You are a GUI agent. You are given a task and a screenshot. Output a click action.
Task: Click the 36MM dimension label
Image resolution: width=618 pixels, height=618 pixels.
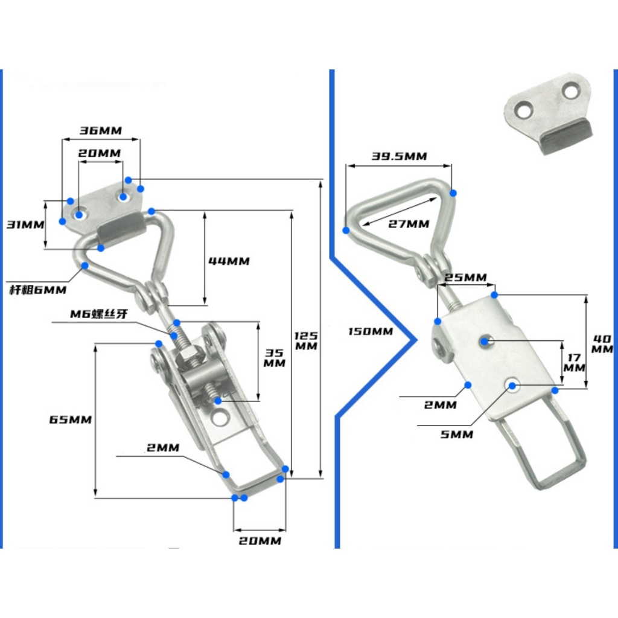coord(101,130)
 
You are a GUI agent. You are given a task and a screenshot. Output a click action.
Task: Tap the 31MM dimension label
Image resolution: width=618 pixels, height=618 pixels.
coord(25,225)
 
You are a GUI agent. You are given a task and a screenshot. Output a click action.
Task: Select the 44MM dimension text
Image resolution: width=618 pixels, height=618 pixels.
coord(229,261)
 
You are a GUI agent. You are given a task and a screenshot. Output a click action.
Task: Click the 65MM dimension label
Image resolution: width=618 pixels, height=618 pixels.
coord(71,419)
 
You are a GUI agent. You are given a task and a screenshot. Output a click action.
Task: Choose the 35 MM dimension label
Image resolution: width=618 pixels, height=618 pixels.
coord(275,357)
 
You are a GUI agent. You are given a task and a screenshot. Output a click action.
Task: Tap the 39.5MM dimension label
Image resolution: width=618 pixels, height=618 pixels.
coord(399,156)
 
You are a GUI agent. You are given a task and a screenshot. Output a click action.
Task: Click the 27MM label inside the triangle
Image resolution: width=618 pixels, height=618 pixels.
coord(409,224)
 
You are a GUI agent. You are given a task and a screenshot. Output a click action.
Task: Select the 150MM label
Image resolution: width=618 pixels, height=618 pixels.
coord(371,331)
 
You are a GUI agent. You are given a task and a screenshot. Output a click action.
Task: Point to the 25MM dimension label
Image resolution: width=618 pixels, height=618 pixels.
coord(465,277)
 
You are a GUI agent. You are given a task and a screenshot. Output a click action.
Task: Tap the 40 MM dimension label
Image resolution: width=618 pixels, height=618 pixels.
coord(602,343)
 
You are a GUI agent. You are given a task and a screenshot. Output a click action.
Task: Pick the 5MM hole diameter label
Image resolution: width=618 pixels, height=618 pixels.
coord(457,434)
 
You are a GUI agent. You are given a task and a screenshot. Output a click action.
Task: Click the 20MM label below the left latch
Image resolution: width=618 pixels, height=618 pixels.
coord(258,541)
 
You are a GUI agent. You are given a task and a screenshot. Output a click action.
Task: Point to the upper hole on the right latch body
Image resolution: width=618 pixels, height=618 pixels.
coord(486,342)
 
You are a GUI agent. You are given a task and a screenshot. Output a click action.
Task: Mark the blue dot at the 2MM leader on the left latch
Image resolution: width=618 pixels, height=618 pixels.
coord(226,474)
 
